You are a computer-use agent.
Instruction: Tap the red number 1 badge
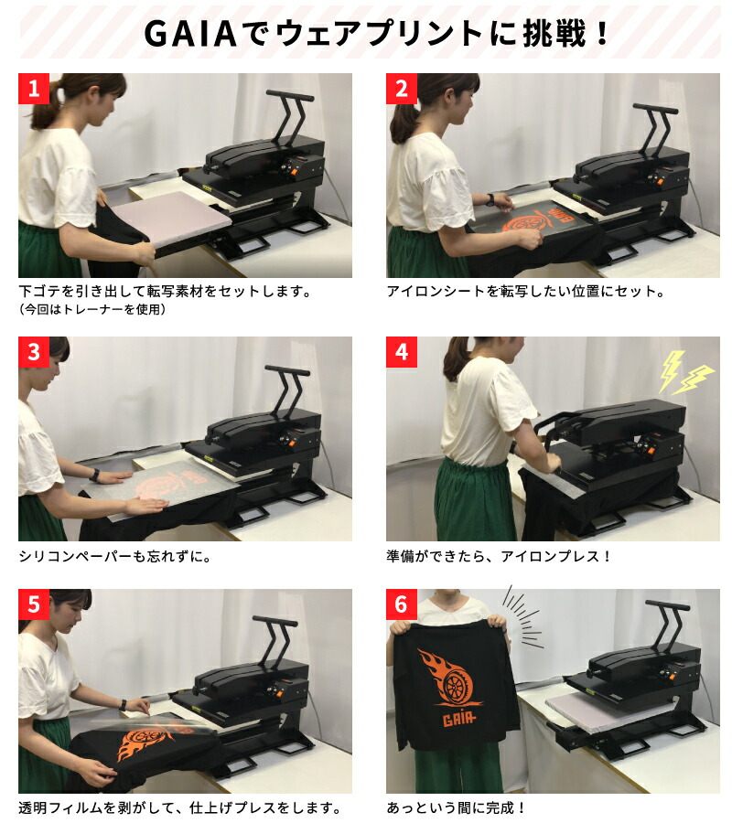coord(34,89)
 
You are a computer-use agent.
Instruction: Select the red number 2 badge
coord(402,89)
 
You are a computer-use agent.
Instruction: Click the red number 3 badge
coord(34,352)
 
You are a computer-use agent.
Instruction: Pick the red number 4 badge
coord(402,352)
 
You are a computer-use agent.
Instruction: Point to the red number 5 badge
coord(34,604)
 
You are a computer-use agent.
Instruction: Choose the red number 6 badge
coord(402,604)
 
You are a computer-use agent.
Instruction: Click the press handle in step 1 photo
coord(290,95)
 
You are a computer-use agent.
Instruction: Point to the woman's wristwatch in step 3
coord(94,475)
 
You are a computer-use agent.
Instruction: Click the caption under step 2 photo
coord(524,292)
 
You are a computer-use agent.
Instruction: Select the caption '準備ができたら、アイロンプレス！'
coord(499,555)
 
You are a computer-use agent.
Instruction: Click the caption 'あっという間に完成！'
coord(457,807)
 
